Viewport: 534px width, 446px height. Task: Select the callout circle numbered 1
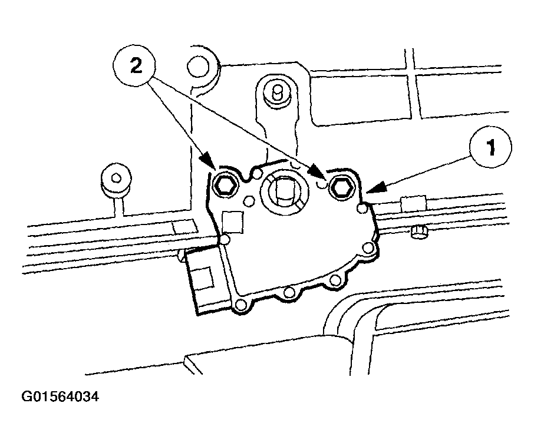click(491, 147)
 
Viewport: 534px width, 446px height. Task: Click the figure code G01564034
click(60, 397)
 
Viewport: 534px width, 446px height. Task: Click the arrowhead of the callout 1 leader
click(375, 187)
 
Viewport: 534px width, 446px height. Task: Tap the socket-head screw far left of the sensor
click(116, 178)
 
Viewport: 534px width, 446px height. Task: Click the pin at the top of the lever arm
click(278, 92)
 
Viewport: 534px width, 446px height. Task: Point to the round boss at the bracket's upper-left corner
click(198, 67)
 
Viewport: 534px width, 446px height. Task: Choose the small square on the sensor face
click(233, 222)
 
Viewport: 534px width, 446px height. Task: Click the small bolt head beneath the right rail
click(419, 233)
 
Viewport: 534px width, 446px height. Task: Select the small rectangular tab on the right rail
click(413, 204)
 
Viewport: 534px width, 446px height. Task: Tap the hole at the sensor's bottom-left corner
click(241, 305)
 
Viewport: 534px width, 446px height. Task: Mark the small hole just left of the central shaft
click(250, 201)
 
